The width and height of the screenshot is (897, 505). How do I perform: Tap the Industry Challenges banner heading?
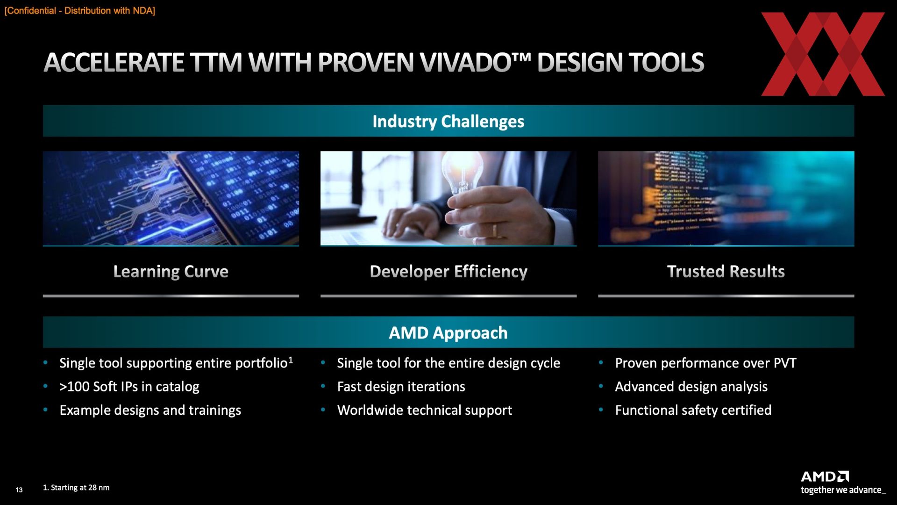[x=448, y=122]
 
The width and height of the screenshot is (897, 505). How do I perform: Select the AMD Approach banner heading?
[x=448, y=333]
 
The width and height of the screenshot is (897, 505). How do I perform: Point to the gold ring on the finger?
[x=495, y=230]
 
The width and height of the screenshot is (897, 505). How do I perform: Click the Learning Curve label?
[x=171, y=272]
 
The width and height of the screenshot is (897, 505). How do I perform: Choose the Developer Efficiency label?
[x=448, y=272]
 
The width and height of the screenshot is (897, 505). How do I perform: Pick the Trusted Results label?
[x=726, y=272]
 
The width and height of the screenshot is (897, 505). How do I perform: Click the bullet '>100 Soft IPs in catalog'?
[x=129, y=387]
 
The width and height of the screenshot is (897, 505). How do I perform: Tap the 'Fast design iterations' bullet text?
[x=401, y=387]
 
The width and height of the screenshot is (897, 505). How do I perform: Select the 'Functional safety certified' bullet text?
[x=693, y=410]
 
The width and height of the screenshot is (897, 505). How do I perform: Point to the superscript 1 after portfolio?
[x=291, y=360]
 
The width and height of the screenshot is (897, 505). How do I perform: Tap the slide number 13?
[x=19, y=490]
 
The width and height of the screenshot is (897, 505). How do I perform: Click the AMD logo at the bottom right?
[x=825, y=476]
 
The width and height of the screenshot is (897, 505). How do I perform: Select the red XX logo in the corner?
[x=823, y=54]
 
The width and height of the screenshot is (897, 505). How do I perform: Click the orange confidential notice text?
[x=79, y=11]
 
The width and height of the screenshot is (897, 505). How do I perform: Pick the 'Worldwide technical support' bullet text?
[x=425, y=410]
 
